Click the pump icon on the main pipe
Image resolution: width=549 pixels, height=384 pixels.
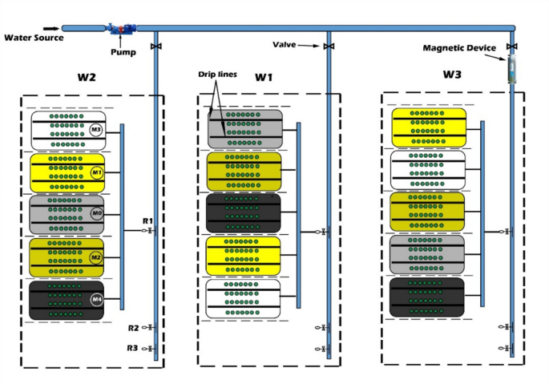pos(123,29)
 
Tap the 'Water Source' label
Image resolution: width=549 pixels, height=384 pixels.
pos(33,38)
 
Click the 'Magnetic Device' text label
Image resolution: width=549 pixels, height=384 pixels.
pos(460,48)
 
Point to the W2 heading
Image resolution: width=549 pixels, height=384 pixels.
pos(87,79)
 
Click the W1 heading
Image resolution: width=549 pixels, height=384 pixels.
pos(264,78)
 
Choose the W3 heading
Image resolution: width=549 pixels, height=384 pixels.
pos(452,74)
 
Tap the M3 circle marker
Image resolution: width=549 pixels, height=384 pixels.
pos(96,130)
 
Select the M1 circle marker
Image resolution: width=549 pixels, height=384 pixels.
pos(97,172)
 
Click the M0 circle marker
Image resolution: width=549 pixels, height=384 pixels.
pos(97,214)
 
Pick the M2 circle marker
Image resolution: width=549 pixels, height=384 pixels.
pos(97,257)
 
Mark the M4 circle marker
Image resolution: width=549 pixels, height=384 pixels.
pos(97,300)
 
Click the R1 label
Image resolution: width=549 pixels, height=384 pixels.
pos(147,220)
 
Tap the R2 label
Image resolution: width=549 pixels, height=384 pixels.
pos(133,328)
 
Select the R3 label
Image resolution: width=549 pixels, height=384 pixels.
pos(133,348)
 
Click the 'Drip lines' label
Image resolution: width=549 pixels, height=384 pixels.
pos(216,75)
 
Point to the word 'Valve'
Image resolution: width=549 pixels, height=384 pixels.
pos(285,45)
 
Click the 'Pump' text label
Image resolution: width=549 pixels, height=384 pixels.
pos(123,52)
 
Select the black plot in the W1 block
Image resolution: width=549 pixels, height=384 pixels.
pos(244,212)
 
